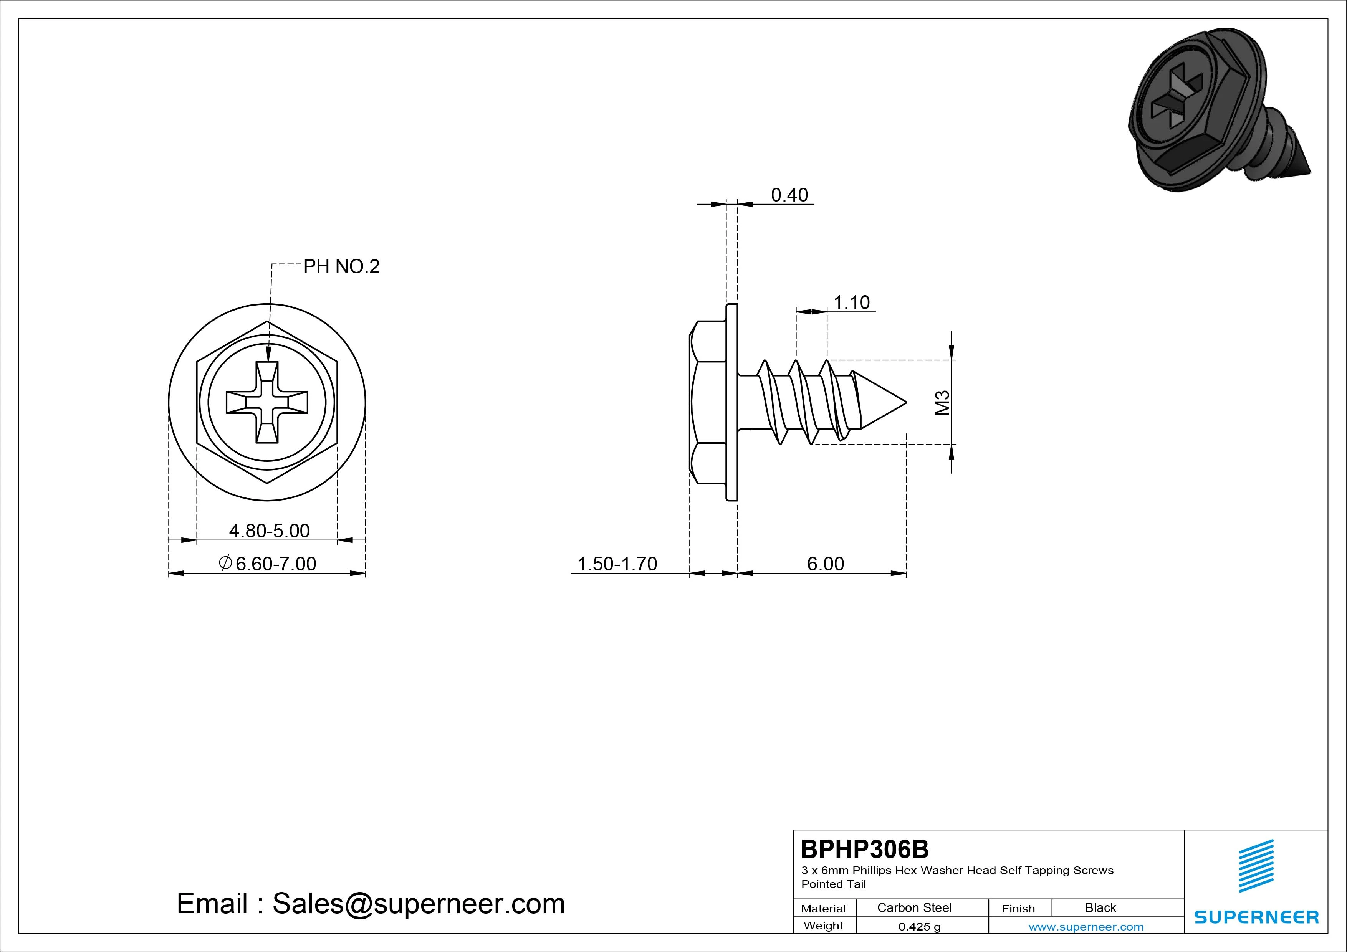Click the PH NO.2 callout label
click(x=341, y=267)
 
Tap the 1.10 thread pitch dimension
click(x=851, y=302)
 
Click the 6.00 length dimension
click(x=826, y=564)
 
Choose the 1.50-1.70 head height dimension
click(x=617, y=564)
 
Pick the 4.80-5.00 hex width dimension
click(x=269, y=531)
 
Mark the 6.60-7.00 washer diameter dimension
click(x=268, y=564)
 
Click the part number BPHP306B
click(x=865, y=849)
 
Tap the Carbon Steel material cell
click(x=914, y=907)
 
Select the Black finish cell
click(x=1100, y=907)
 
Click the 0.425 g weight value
click(x=919, y=927)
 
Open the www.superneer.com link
click(x=1086, y=927)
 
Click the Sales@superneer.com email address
click(x=418, y=904)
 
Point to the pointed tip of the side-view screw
click(x=907, y=402)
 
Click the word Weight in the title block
click(x=823, y=926)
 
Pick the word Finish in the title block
click(x=1018, y=909)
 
